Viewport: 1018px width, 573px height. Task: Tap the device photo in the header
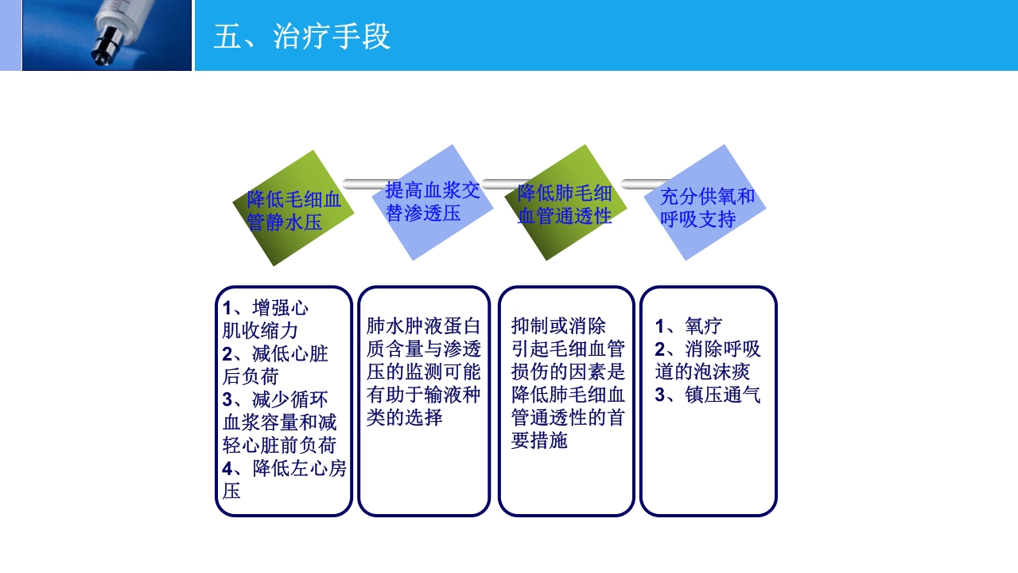pyautogui.click(x=107, y=35)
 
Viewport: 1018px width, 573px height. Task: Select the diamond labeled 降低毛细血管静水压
pyautogui.click(x=293, y=209)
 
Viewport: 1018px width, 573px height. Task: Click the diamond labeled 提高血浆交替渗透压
pyautogui.click(x=433, y=202)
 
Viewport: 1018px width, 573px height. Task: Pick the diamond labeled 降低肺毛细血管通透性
pyautogui.click(x=565, y=203)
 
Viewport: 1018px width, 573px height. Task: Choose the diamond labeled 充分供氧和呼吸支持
pyautogui.click(x=705, y=204)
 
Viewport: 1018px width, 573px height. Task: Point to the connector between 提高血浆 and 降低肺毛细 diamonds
pyautogui.click(x=501, y=184)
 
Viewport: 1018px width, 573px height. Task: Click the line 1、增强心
pyautogui.click(x=265, y=308)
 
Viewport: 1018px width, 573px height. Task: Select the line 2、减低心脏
pyautogui.click(x=274, y=353)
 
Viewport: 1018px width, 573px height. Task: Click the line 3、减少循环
pyautogui.click(x=274, y=399)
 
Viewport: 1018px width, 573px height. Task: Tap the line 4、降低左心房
pyautogui.click(x=284, y=468)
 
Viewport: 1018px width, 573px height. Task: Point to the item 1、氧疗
pyautogui.click(x=688, y=326)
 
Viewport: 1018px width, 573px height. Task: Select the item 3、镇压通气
pyautogui.click(x=707, y=395)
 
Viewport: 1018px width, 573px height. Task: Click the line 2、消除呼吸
pyautogui.click(x=707, y=349)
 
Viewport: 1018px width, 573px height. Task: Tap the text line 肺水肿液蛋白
pyautogui.click(x=423, y=326)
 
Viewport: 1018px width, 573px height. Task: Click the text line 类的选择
pyautogui.click(x=404, y=417)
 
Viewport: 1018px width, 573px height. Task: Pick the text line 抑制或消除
pyautogui.click(x=558, y=326)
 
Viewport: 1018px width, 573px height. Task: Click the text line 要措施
pyautogui.click(x=539, y=440)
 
